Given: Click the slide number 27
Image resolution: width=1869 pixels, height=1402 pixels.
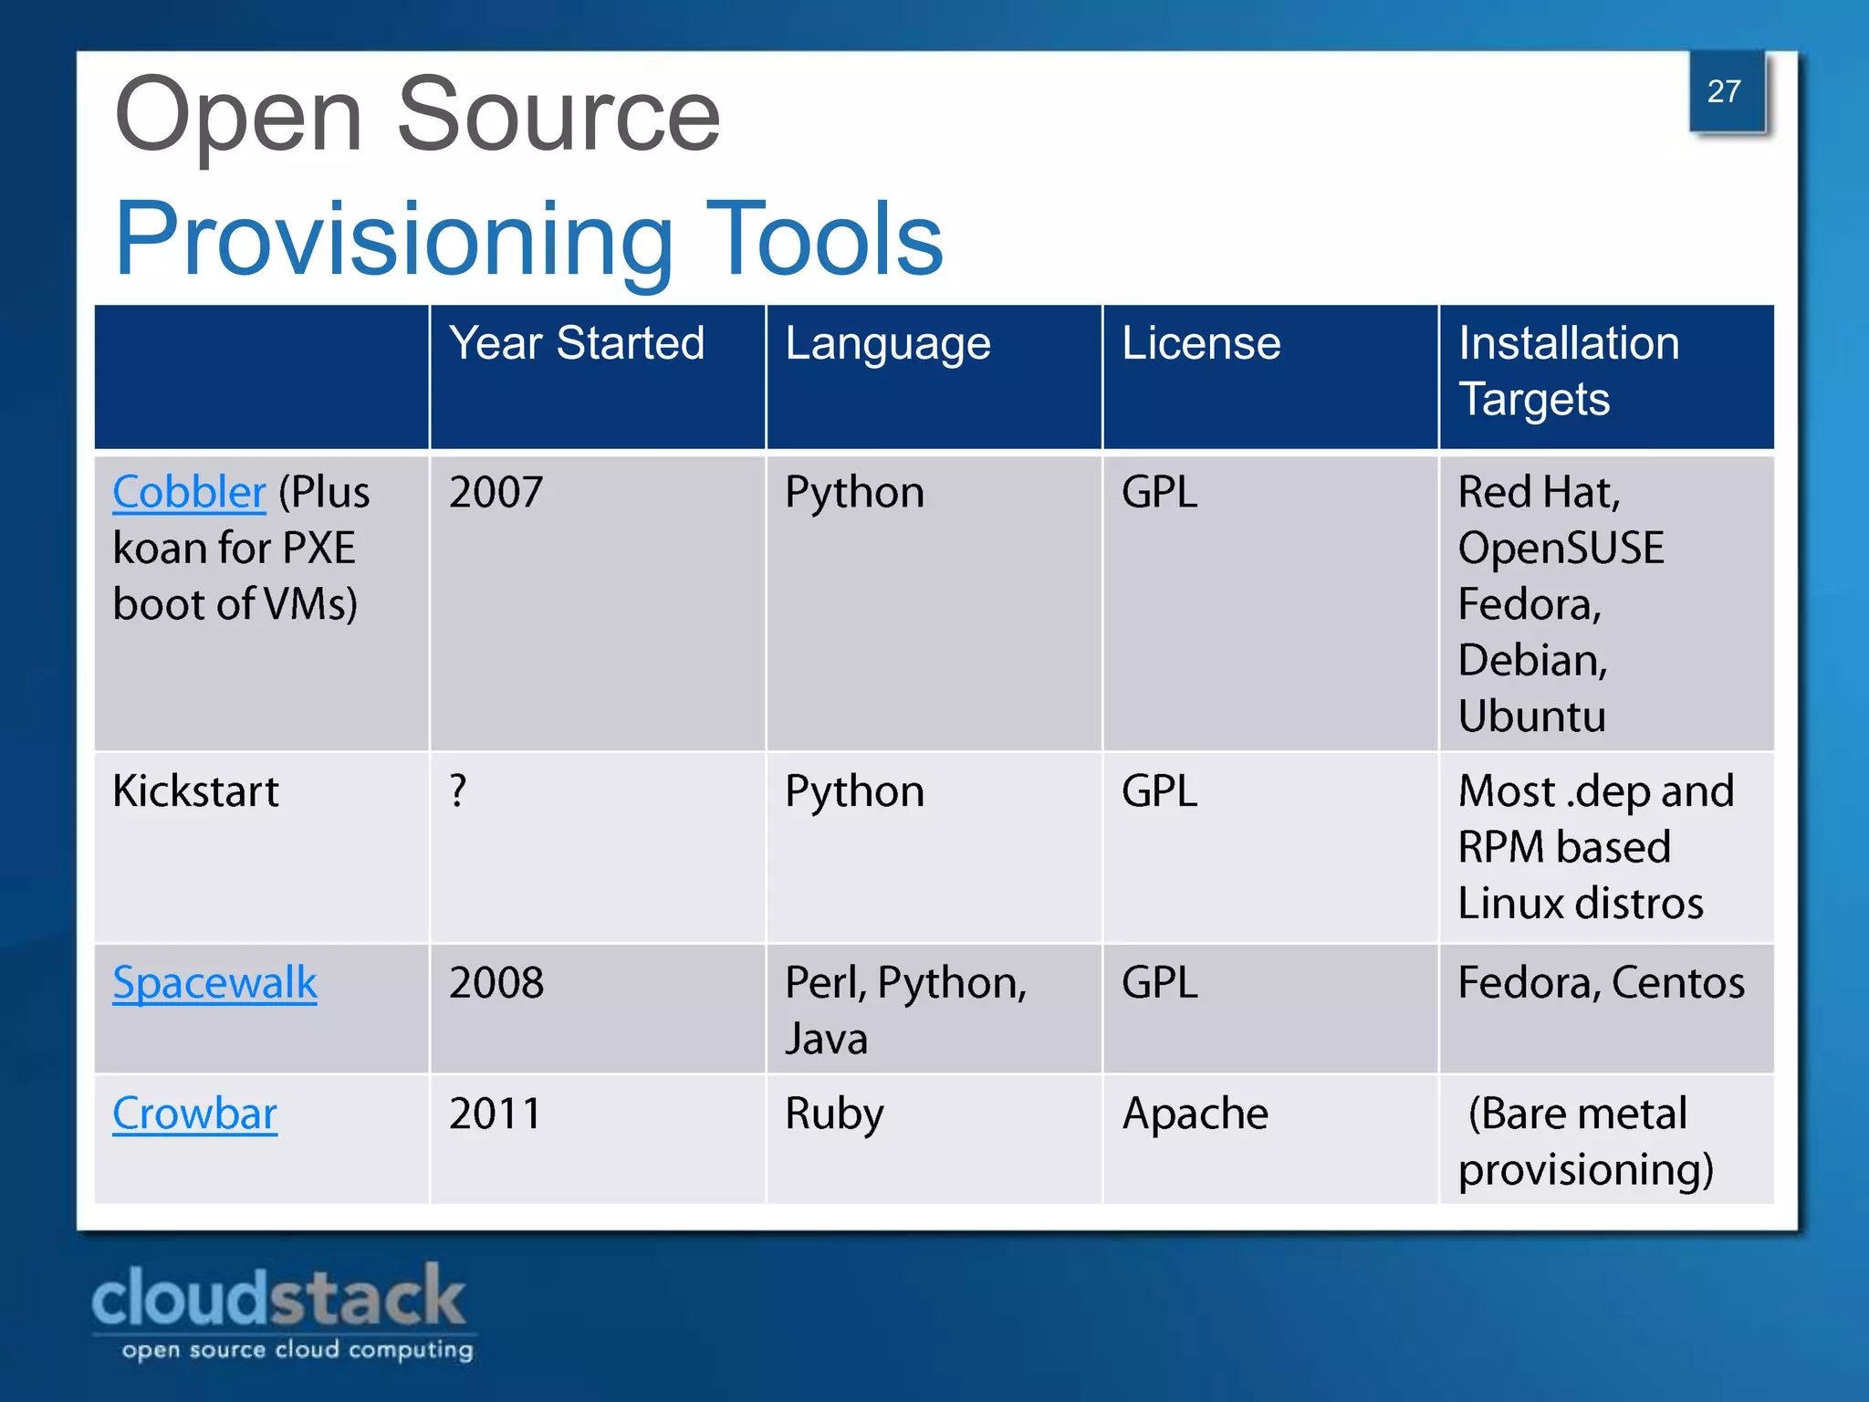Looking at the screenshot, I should coord(1724,91).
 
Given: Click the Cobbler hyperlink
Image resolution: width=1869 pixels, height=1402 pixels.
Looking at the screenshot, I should coord(189,493).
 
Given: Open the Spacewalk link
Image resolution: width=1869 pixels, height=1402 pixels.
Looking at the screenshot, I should coord(214,983).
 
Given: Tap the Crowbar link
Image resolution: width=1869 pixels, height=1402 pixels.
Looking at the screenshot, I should coord(194,1114).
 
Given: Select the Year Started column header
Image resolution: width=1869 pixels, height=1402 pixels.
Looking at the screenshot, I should coord(576,344).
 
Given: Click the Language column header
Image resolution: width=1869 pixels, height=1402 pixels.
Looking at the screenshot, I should coord(887,345).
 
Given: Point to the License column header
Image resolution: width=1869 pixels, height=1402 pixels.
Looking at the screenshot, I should coord(1201,344).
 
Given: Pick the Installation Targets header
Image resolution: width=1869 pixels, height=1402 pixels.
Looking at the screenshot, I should coord(1568,371).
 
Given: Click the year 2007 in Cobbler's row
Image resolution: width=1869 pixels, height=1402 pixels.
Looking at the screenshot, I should coord(496,493).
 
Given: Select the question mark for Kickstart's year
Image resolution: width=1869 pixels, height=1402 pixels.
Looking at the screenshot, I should coord(458,790).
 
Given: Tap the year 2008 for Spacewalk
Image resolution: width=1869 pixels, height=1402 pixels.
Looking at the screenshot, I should coord(496,983).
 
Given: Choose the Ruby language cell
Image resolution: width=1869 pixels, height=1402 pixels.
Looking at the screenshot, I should coord(834,1114).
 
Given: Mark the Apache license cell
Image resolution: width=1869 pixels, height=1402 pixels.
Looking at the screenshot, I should coord(1195,1114).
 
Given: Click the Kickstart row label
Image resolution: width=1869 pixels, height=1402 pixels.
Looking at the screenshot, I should coord(195,790).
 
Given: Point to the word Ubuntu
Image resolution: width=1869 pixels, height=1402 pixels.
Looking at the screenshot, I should coord(1531,717).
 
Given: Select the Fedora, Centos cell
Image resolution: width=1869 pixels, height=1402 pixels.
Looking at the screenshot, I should coord(1601,983).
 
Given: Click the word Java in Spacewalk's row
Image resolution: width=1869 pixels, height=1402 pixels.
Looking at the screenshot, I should coord(826,1040).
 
